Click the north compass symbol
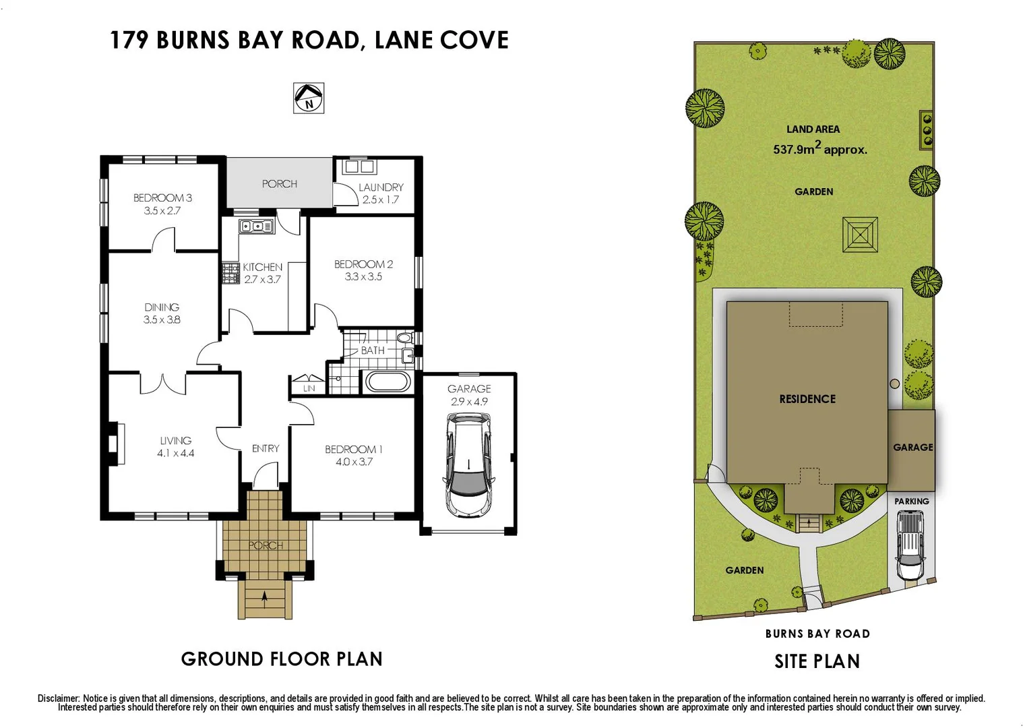pyautogui.click(x=309, y=98)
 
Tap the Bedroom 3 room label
pyautogui.click(x=162, y=198)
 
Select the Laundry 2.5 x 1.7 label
pyautogui.click(x=381, y=193)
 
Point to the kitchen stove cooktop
pyautogui.click(x=231, y=273)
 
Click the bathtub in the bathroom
pyautogui.click(x=387, y=382)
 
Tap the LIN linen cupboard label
pyautogui.click(x=309, y=389)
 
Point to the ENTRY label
pyautogui.click(x=266, y=448)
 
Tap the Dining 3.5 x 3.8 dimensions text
pyautogui.click(x=162, y=320)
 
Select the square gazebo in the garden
pyautogui.click(x=861, y=235)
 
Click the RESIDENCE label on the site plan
pyautogui.click(x=807, y=399)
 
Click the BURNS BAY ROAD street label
pyautogui.click(x=817, y=634)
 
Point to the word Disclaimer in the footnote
pyautogui.click(x=59, y=698)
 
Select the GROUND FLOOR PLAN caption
pyautogui.click(x=282, y=659)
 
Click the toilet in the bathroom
pyautogui.click(x=404, y=338)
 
